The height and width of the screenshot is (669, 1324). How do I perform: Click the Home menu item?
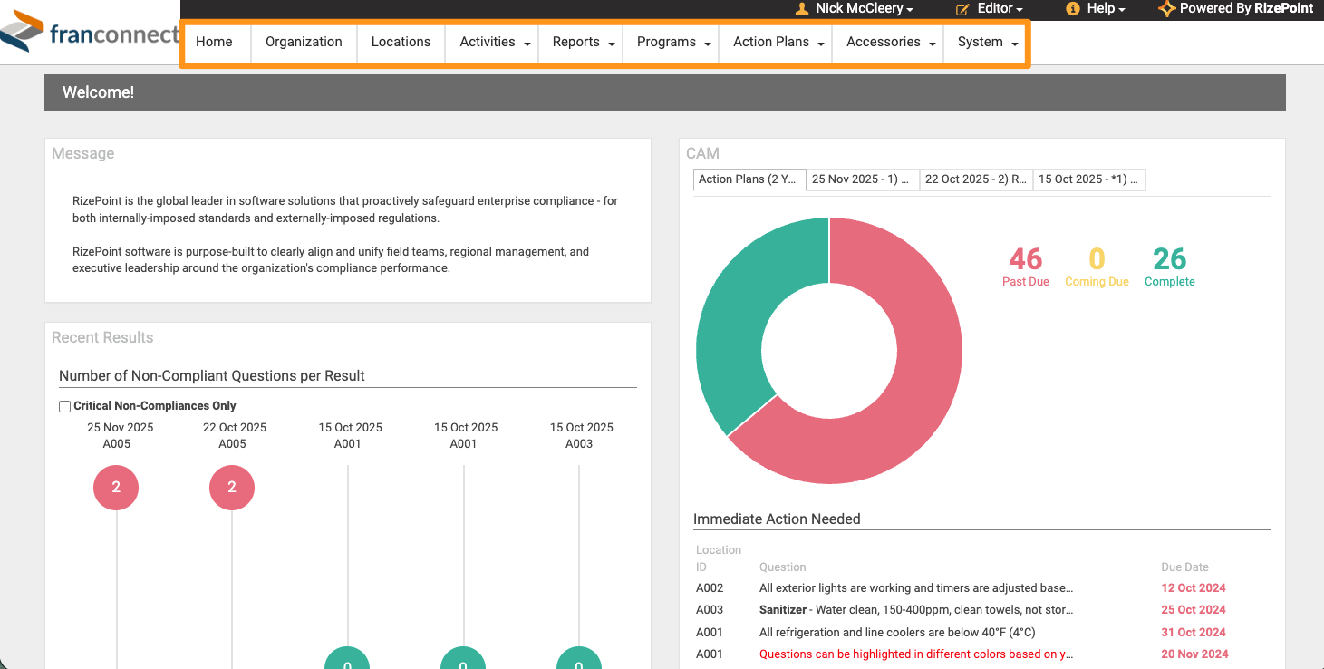[214, 42]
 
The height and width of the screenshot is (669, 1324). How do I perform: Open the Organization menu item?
[304, 42]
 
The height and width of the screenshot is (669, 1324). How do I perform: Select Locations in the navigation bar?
[401, 42]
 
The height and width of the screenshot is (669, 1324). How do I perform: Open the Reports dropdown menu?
[583, 42]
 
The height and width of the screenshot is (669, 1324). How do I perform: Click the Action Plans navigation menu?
[778, 42]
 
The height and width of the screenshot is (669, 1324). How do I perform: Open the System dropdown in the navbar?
[987, 42]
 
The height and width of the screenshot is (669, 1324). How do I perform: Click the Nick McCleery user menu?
[855, 9]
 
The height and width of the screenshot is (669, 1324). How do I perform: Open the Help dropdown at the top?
[1096, 9]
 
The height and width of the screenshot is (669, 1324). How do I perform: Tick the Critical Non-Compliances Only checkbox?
[65, 406]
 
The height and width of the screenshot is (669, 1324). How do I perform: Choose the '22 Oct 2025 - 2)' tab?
[976, 179]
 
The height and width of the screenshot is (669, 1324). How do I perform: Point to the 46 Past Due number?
[1026, 258]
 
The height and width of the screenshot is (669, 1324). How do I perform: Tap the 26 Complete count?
[1169, 258]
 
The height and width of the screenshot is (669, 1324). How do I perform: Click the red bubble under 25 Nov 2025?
[116, 488]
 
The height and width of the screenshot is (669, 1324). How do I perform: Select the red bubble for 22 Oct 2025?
[232, 488]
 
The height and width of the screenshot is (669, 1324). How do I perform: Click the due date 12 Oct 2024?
[1193, 588]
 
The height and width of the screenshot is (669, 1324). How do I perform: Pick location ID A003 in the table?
[710, 610]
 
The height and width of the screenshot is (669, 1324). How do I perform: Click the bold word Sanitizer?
[783, 610]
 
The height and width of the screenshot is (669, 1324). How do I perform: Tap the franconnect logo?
[89, 32]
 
